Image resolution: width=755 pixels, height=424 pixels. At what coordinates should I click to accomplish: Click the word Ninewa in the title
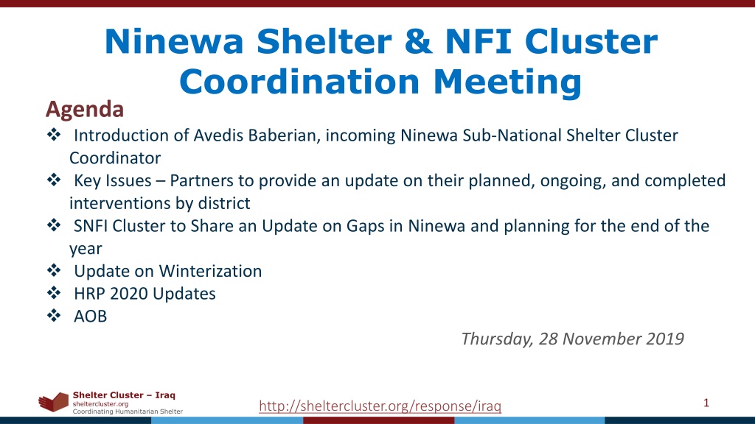tap(174, 41)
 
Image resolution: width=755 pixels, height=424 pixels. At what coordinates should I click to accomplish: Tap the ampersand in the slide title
tap(418, 41)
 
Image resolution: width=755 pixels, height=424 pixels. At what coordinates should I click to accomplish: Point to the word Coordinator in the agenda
tap(115, 158)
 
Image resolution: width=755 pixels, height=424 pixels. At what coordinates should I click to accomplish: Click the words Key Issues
tap(113, 181)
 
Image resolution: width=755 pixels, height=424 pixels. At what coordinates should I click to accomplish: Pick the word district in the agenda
tap(221, 203)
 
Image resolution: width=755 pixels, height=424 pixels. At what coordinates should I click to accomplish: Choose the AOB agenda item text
tap(90, 317)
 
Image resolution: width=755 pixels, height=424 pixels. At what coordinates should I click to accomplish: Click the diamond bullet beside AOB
tap(54, 315)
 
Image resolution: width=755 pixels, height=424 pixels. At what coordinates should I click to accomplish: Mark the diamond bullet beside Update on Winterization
tap(54, 270)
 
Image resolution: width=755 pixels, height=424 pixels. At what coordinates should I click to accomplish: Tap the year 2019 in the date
tap(665, 339)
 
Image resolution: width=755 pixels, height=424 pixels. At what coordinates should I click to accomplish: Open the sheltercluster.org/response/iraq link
tap(380, 406)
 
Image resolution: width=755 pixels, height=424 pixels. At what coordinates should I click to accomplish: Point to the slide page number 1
tap(706, 403)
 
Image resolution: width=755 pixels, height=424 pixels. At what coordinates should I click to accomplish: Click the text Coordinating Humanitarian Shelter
tap(128, 411)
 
